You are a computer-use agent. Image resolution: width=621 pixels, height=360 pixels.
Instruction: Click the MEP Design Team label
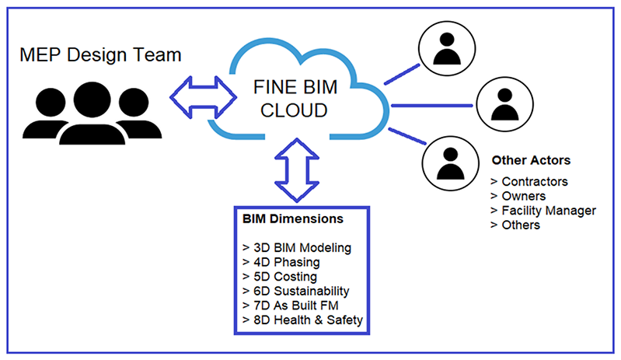pos(102,55)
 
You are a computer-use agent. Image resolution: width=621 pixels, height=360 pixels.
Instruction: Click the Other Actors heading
pos(531,161)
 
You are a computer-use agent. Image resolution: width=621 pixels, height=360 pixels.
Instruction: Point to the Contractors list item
pos(529,182)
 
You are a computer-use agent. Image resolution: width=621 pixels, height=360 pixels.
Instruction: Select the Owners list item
pos(518,196)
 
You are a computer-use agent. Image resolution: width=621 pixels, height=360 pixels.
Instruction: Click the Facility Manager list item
pos(543,211)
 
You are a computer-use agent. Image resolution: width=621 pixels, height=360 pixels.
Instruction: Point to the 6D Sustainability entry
pos(297,290)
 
